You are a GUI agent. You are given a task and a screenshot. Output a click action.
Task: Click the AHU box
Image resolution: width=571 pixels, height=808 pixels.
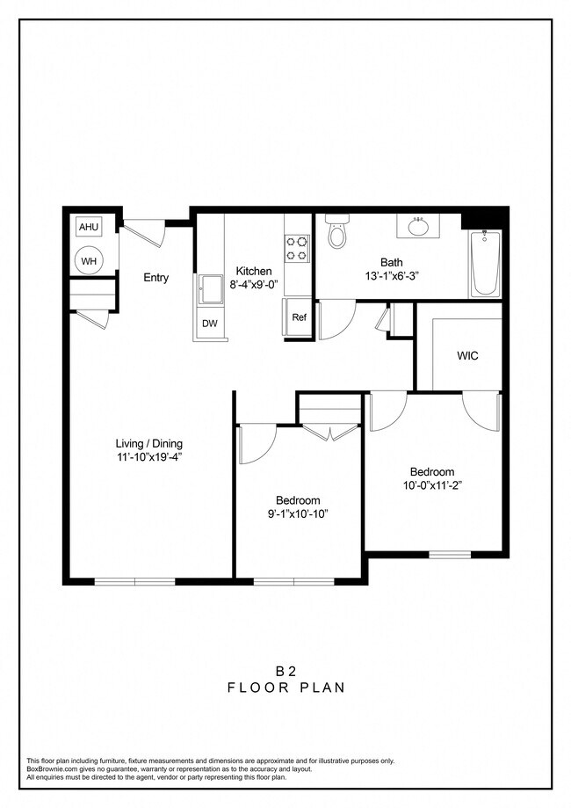[x=89, y=227]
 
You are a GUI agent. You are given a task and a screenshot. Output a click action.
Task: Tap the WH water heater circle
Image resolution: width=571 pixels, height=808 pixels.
[x=89, y=260]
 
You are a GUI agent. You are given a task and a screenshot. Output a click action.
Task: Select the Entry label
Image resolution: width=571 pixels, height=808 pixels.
[x=156, y=278]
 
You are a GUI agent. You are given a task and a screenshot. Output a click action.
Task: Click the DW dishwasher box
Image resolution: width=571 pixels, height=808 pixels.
[x=209, y=324]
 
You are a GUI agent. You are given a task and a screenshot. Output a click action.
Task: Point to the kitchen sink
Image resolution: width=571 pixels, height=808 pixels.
[x=210, y=288]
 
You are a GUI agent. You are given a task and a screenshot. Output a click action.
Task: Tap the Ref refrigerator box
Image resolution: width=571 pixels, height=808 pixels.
[x=299, y=317]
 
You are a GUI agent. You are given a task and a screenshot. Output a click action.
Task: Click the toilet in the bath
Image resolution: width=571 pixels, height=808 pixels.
[x=336, y=232]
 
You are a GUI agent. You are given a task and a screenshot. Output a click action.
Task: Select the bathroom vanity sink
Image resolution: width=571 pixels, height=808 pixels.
[x=419, y=227]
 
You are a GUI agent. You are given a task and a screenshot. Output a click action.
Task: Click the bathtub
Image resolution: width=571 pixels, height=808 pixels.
[x=485, y=264]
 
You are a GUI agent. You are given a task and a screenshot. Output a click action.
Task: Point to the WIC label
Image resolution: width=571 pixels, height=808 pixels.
[x=467, y=356]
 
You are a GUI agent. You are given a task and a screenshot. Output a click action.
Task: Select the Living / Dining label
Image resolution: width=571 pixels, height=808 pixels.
[x=149, y=443]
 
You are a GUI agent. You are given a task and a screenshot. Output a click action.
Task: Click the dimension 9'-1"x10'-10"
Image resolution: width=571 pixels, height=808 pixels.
[x=297, y=513]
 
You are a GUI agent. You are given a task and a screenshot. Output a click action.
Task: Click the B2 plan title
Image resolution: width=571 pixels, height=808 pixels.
[x=285, y=670]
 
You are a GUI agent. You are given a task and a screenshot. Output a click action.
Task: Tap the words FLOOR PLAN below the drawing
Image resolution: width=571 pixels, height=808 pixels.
[x=285, y=688]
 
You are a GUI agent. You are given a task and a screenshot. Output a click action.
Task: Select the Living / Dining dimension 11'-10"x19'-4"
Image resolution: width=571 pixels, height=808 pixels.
[x=149, y=456]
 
